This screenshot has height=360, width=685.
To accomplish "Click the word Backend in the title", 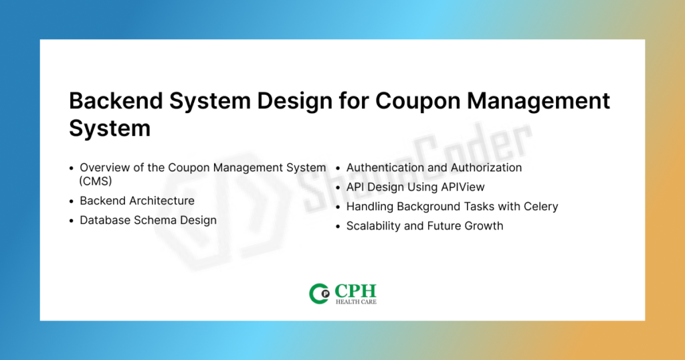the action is (x=116, y=101).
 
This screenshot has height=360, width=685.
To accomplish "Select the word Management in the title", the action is (x=539, y=102).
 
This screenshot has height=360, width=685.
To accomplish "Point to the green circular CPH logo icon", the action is (x=319, y=294).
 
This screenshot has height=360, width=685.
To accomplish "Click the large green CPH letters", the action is (x=355, y=290).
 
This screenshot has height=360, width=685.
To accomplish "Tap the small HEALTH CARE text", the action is (x=356, y=302).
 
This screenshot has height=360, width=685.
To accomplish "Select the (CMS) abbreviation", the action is (x=96, y=181).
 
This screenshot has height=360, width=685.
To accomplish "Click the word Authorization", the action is (x=486, y=168).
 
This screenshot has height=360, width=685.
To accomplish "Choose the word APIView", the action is (x=463, y=187).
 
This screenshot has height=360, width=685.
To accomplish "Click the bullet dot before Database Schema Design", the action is (x=72, y=221).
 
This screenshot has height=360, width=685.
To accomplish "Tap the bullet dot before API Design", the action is (x=338, y=188).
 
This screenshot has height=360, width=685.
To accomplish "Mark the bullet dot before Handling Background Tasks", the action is (x=338, y=207).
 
